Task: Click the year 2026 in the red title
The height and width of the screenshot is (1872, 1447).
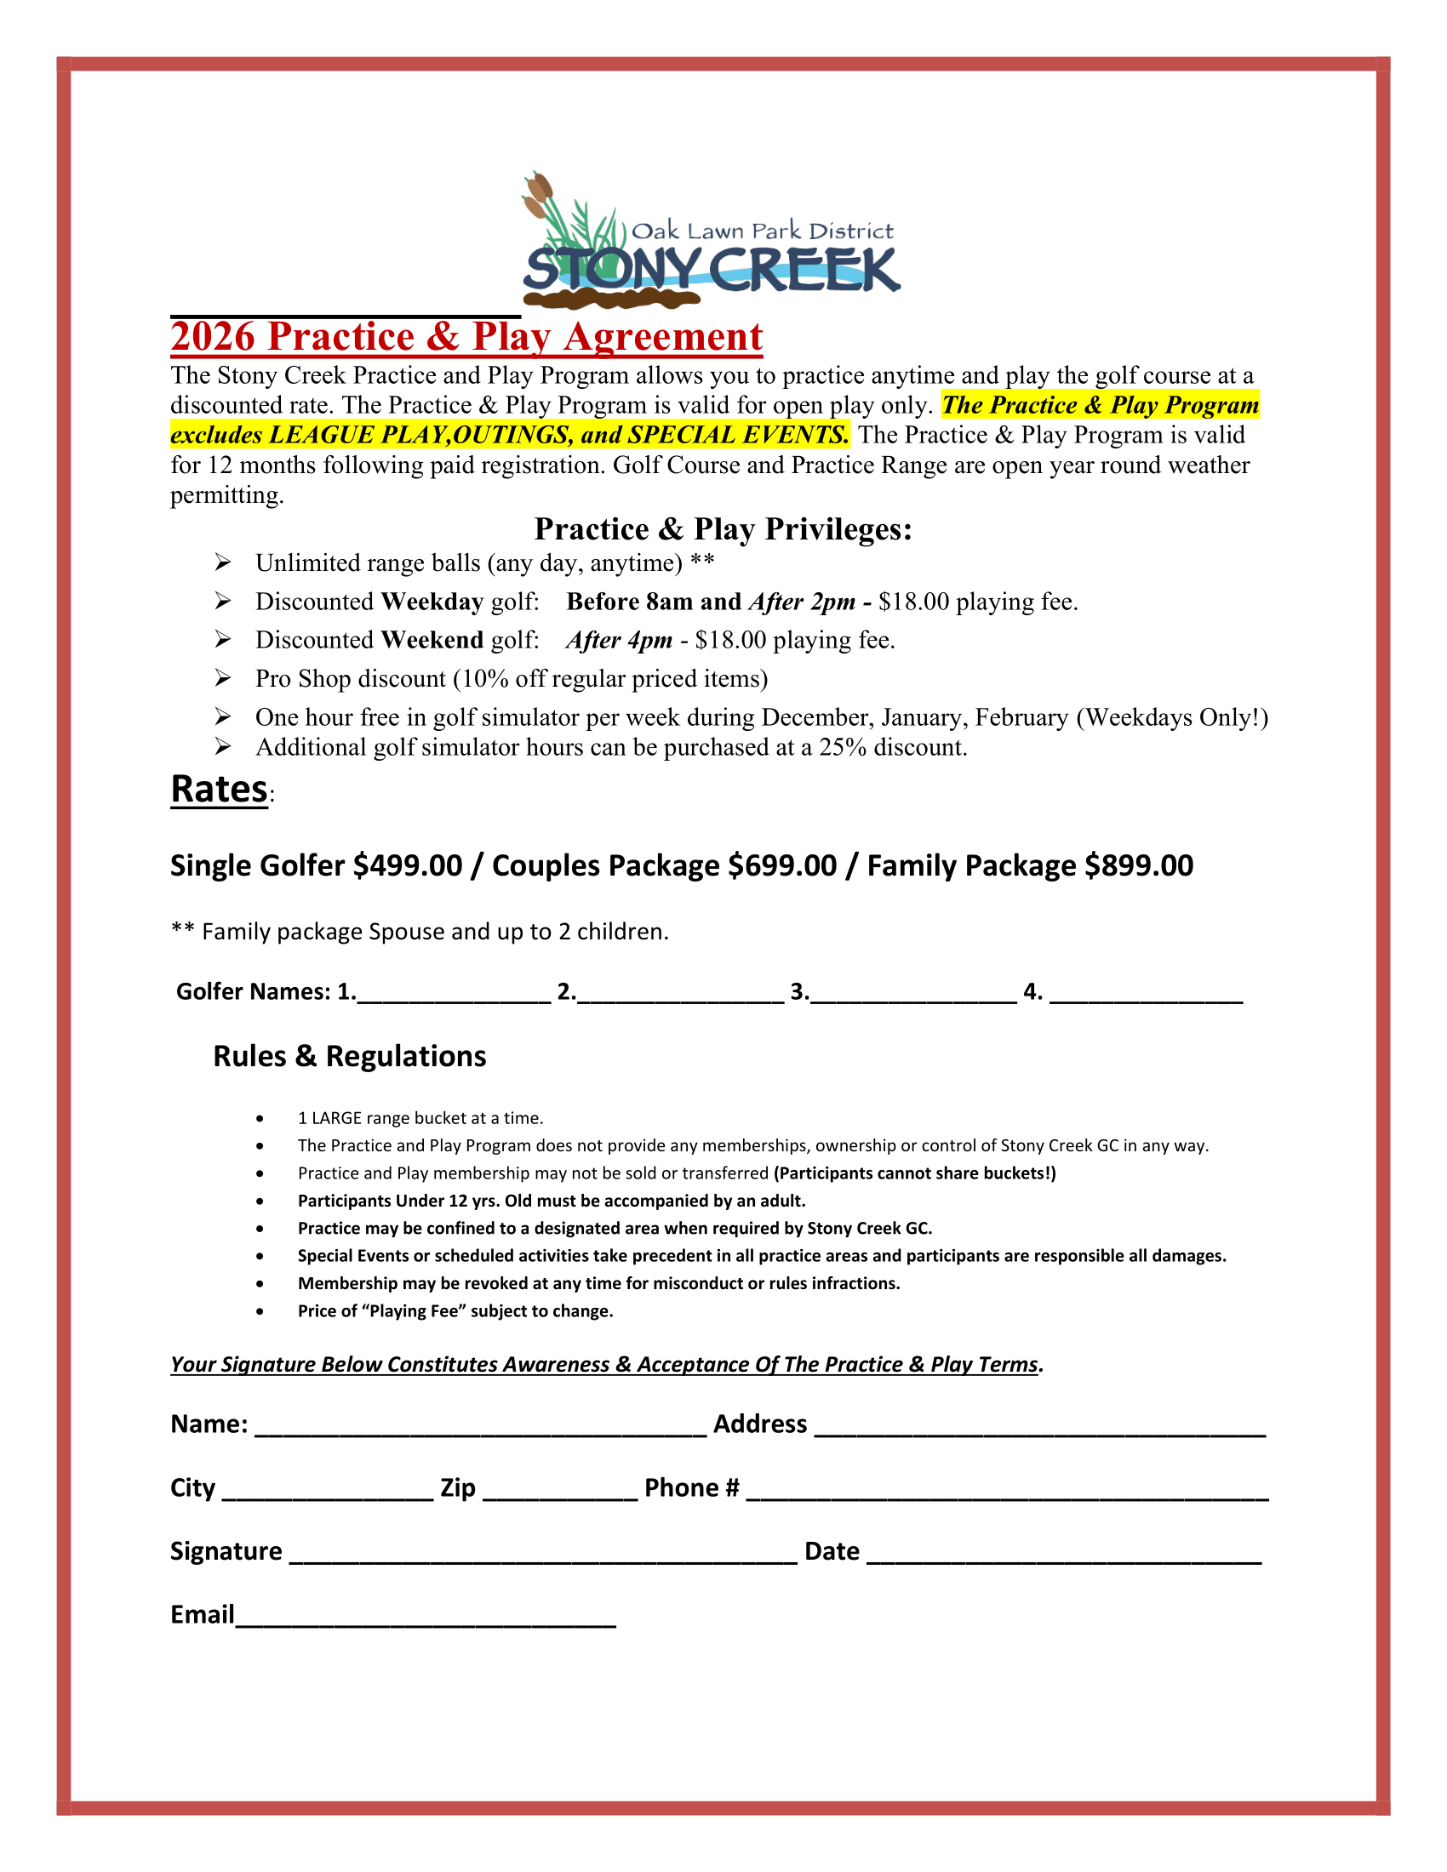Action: pyautogui.click(x=213, y=337)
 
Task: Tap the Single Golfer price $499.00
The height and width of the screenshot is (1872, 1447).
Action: pyautogui.click(x=408, y=865)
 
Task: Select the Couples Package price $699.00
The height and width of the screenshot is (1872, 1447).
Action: pyautogui.click(x=781, y=865)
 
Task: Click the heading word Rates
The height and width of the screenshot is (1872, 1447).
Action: pyautogui.click(x=220, y=790)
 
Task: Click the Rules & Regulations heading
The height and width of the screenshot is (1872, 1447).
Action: pyautogui.click(x=349, y=1056)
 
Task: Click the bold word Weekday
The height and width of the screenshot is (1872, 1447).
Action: pyautogui.click(x=432, y=602)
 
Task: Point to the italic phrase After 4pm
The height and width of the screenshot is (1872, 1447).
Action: pyautogui.click(x=619, y=640)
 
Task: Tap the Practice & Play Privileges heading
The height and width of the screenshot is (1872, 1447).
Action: pyautogui.click(x=723, y=529)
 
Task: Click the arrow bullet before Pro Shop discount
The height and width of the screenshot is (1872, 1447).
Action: pyautogui.click(x=223, y=679)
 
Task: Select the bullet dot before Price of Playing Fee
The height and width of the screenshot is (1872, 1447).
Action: pyautogui.click(x=260, y=1311)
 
